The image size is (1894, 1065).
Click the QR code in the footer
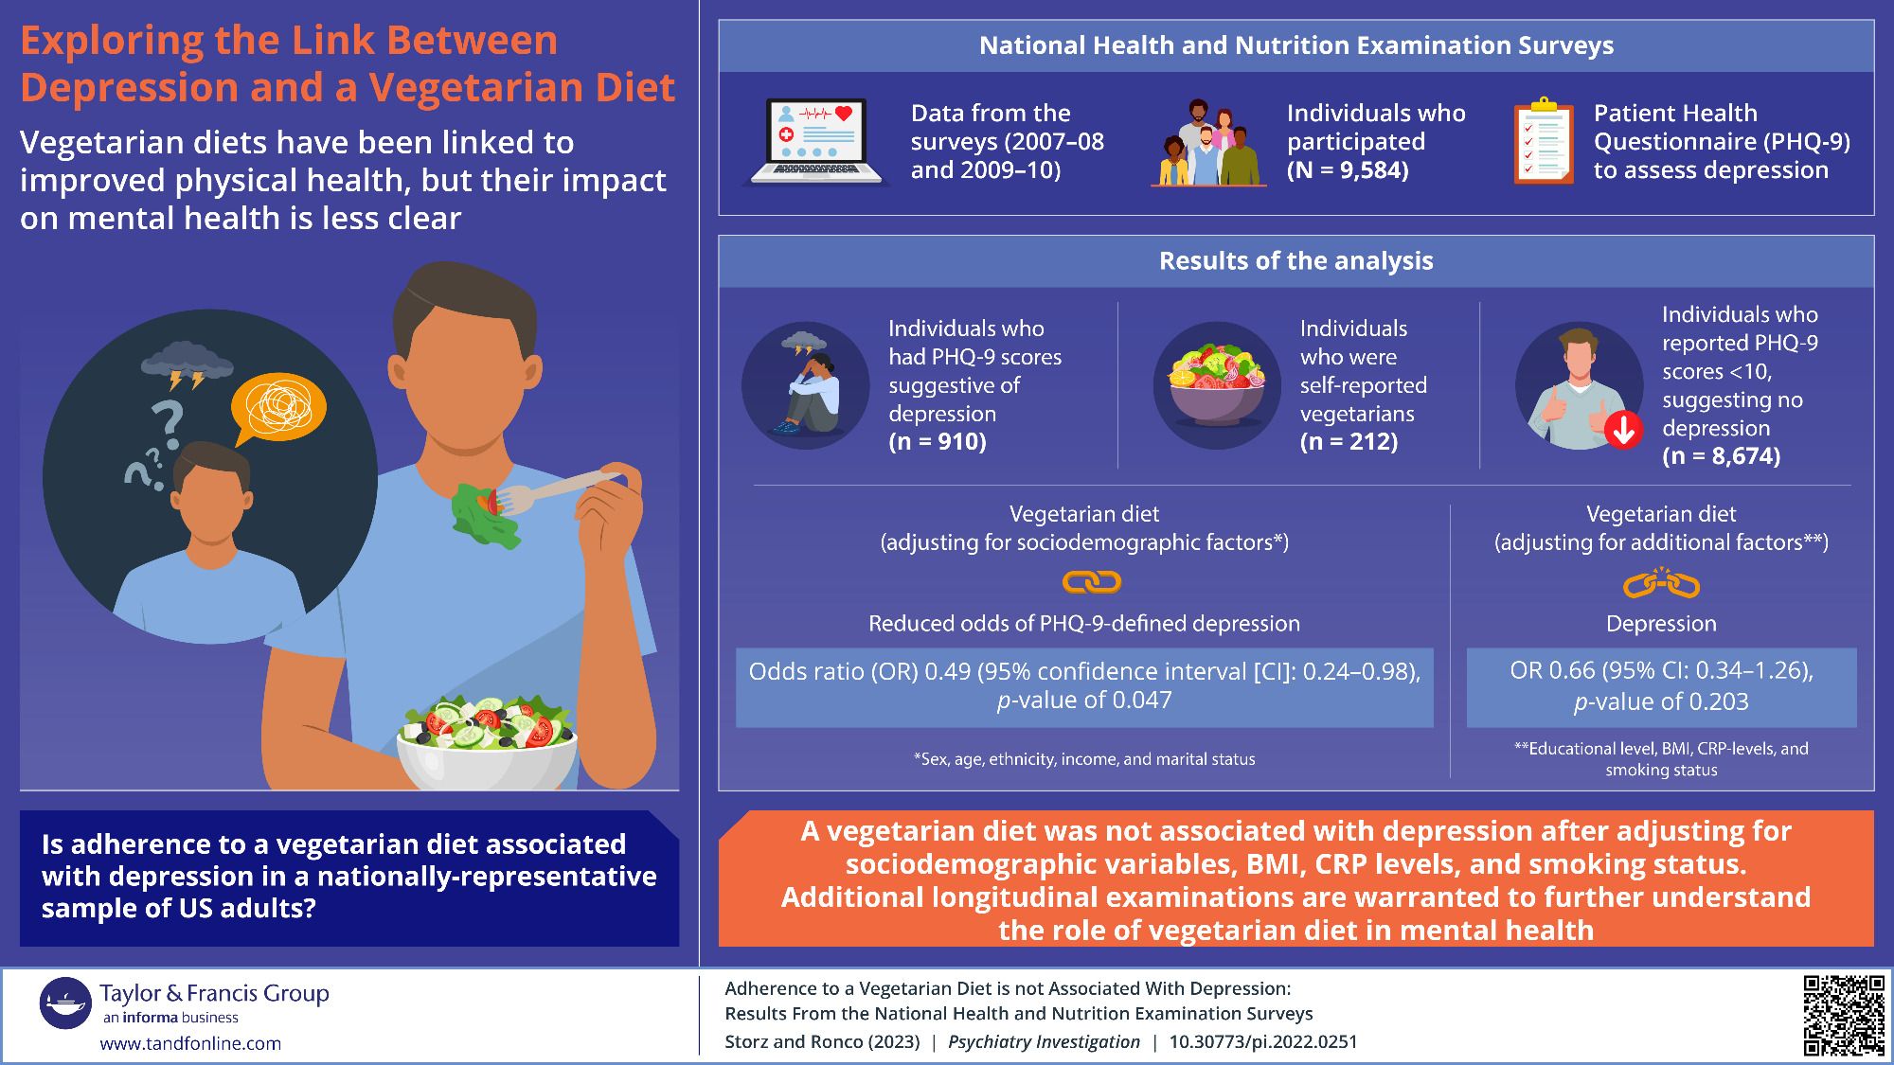tap(1843, 1015)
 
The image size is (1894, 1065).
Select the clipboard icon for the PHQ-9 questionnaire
tap(1544, 141)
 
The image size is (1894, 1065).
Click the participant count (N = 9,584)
tap(1348, 170)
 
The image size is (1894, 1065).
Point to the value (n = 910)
tap(938, 442)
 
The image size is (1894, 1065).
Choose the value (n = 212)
tap(1349, 442)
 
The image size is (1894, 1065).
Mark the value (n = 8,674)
tap(1721, 456)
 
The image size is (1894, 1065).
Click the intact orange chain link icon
tap(1092, 582)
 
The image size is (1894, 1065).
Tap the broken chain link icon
tap(1661, 584)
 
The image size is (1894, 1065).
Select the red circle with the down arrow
tap(1624, 431)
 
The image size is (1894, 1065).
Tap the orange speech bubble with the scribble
tap(278, 408)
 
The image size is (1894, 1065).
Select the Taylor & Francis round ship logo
tap(65, 1003)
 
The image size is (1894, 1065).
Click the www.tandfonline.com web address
tap(190, 1043)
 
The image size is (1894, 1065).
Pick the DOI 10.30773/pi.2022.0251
tap(1262, 1042)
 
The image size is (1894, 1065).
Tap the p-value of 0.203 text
tap(1661, 701)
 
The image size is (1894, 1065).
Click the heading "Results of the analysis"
tap(1295, 261)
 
